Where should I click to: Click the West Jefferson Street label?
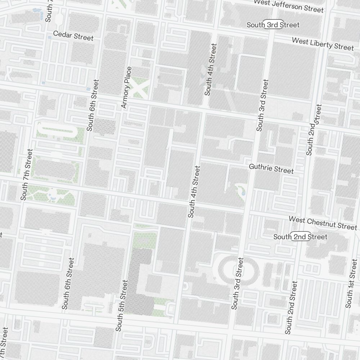(289, 5)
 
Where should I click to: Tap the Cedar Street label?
(73, 36)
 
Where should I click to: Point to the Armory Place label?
(127, 87)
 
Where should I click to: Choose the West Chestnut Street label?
(323, 223)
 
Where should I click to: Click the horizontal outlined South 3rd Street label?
(273, 25)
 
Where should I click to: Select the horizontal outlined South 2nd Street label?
(300, 237)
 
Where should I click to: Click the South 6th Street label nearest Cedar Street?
(93, 105)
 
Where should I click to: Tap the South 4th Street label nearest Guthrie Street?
(194, 192)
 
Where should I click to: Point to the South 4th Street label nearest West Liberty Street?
(211, 69)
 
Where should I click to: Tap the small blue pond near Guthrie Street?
(243, 193)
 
